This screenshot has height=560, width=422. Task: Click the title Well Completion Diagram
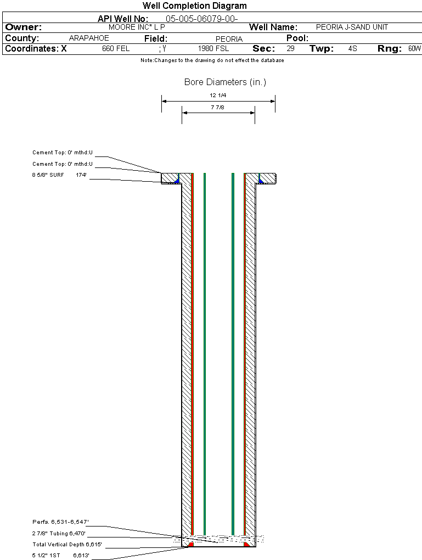(194, 6)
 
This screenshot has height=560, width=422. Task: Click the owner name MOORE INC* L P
(137, 27)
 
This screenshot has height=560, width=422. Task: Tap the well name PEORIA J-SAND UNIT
(352, 27)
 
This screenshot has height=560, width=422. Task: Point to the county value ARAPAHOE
(89, 38)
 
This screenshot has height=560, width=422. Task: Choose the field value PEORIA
(229, 39)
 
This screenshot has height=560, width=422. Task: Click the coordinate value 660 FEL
(116, 49)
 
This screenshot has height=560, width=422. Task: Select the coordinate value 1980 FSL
(213, 49)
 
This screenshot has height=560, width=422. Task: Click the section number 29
(290, 49)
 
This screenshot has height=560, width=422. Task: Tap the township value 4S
(352, 49)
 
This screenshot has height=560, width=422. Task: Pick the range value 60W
(414, 49)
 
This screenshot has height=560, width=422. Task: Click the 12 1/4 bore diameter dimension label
(218, 96)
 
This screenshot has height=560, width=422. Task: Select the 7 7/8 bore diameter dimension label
(218, 108)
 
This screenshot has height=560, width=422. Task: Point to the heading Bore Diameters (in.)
(225, 82)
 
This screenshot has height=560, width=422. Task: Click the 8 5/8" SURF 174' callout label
(60, 175)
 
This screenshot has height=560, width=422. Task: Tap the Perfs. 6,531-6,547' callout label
(60, 522)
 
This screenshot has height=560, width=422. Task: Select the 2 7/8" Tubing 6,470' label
(59, 533)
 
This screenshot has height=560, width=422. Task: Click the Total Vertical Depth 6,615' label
(67, 545)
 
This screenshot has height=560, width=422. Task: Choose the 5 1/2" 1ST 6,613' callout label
(60, 556)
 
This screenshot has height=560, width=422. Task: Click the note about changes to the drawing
(212, 60)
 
